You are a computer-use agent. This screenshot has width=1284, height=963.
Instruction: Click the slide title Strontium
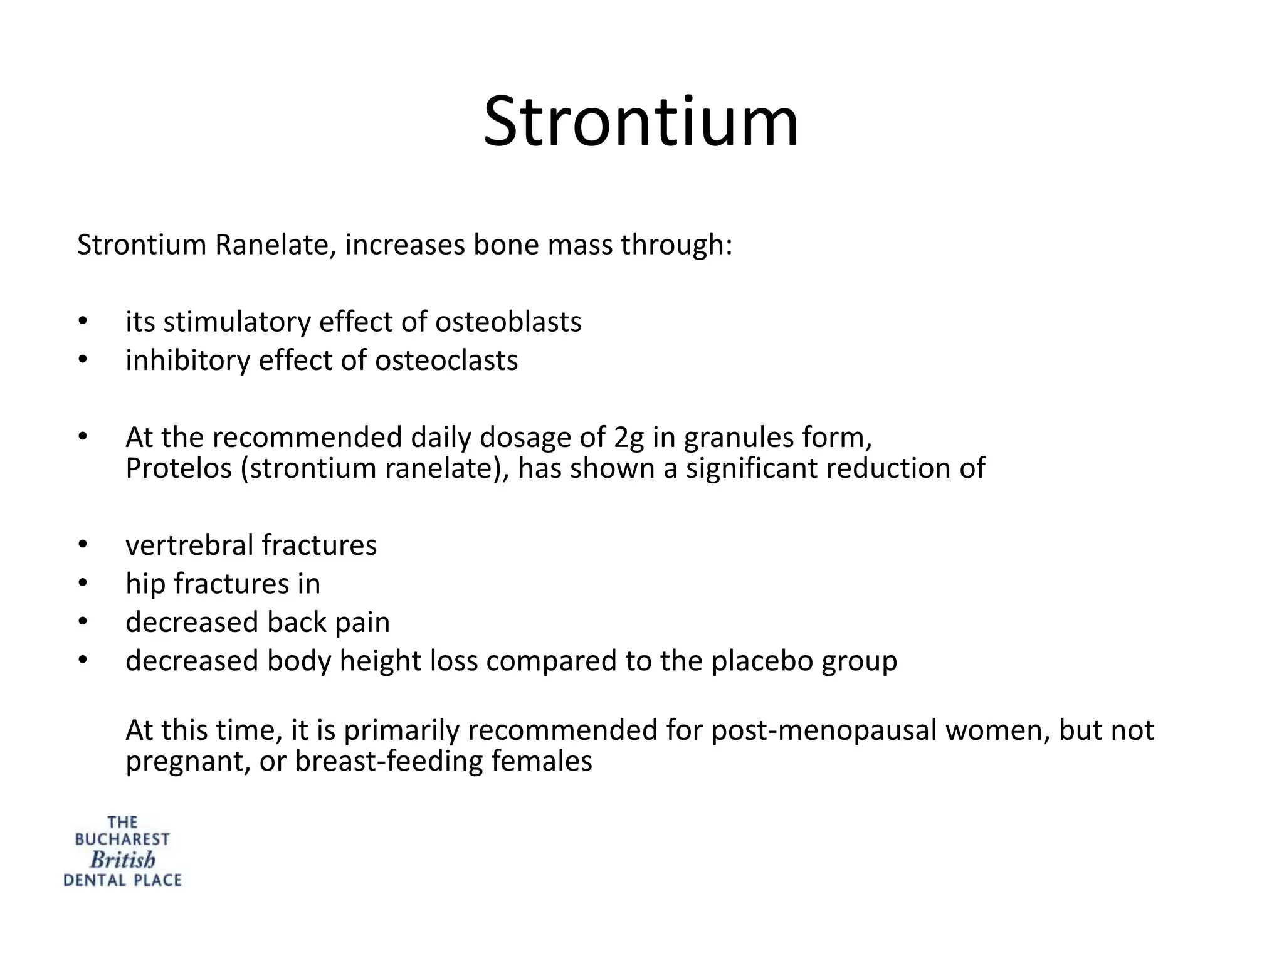[x=641, y=122]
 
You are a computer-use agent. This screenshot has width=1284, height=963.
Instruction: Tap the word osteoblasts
[x=508, y=322]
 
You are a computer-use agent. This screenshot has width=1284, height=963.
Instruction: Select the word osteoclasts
[x=446, y=360]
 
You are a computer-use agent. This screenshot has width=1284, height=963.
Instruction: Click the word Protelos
[x=179, y=468]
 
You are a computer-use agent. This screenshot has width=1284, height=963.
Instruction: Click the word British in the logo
[x=122, y=860]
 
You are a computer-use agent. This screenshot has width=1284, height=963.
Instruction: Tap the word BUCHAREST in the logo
[x=122, y=839]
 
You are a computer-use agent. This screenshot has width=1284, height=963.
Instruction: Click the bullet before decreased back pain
[x=82, y=621]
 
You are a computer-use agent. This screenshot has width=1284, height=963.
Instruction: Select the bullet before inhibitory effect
[x=82, y=360]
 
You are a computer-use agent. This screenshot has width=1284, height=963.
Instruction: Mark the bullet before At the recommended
[x=82, y=436]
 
